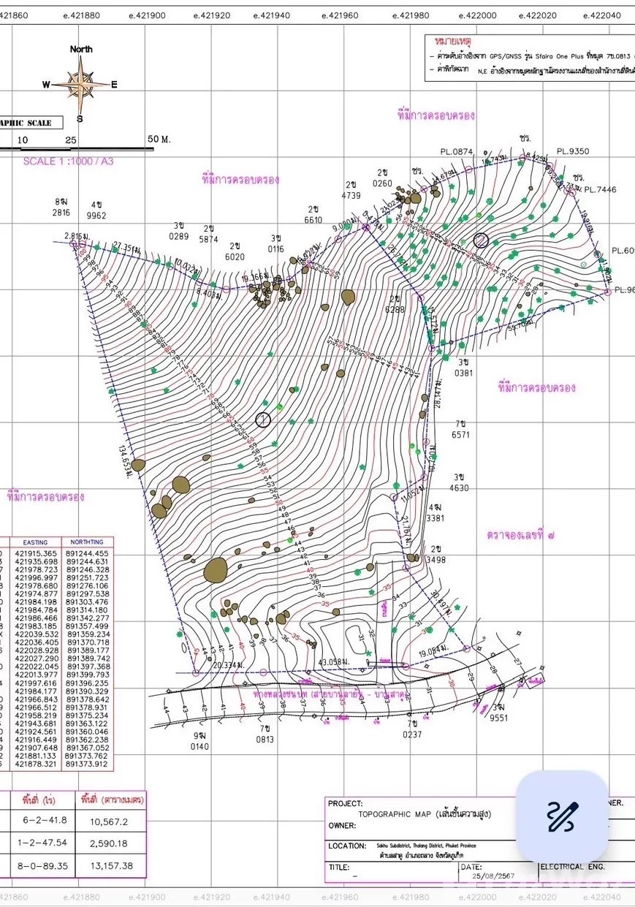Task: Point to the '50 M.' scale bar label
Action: coord(159,139)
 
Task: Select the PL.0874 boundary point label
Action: coord(457,152)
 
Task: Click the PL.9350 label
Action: coord(572,152)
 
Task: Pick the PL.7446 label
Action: coord(600,189)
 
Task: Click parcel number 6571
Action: coord(460,435)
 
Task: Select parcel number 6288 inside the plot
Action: coord(396,309)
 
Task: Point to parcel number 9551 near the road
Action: coord(498,718)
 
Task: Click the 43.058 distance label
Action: coord(336,662)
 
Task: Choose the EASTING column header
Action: coord(36,542)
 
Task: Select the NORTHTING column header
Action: coord(87,542)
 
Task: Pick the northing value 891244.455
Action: coord(87,554)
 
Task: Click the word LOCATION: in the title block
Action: coord(347,846)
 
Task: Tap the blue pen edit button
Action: coord(562,816)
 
